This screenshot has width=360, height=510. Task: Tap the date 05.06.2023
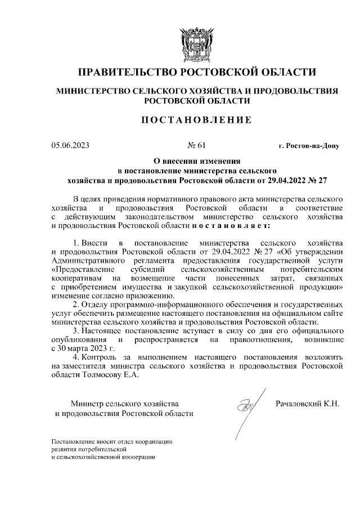[x=70, y=146]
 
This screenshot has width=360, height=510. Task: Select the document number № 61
[x=196, y=146]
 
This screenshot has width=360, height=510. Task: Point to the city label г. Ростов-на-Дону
[x=309, y=146]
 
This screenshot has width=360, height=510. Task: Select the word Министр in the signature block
[x=84, y=404]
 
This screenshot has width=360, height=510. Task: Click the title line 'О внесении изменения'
[x=196, y=160]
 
